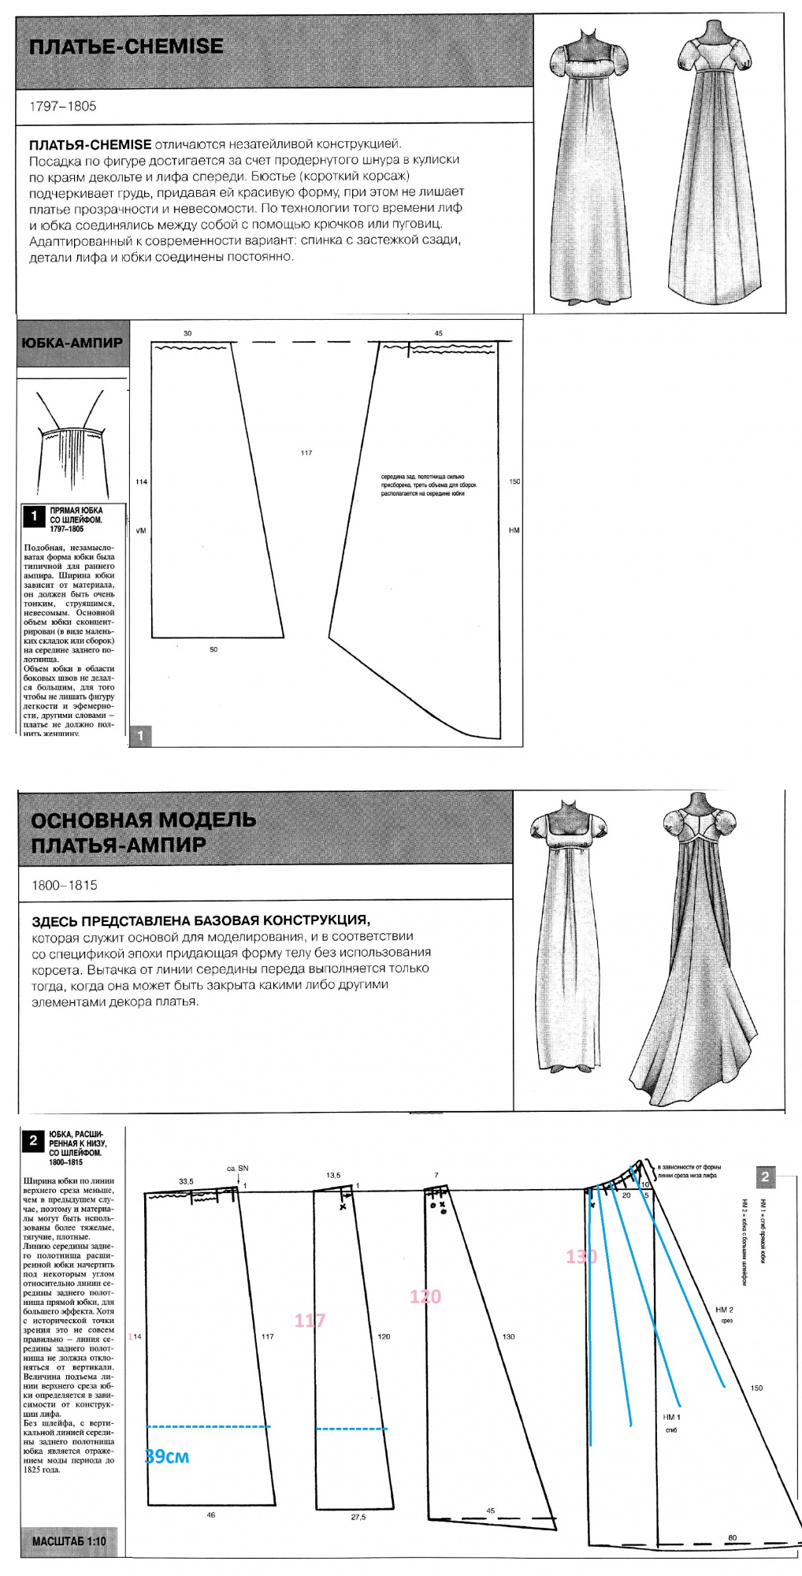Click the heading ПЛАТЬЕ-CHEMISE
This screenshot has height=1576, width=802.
click(126, 46)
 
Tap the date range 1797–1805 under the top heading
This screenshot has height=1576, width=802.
click(63, 106)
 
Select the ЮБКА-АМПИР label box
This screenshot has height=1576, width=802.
click(72, 343)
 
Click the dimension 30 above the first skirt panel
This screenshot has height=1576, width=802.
click(188, 333)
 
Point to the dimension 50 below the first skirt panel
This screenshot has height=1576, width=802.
click(213, 649)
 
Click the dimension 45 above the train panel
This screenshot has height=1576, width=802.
click(439, 333)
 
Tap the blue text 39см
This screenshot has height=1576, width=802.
click(167, 1456)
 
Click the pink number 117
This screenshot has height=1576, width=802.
click(310, 1320)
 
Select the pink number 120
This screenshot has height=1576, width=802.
click(425, 1296)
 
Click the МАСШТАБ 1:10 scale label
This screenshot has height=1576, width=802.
click(69, 1541)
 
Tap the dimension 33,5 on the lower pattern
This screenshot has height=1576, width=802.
click(186, 1181)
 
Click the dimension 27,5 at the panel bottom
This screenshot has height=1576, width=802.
click(358, 1516)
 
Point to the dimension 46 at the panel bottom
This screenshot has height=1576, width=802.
click(210, 1515)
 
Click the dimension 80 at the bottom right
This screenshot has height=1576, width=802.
click(733, 1537)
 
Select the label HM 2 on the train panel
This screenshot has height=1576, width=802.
click(724, 1310)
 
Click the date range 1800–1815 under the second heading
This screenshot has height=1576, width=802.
click(65, 885)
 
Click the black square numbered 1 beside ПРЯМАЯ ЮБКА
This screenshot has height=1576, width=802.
click(34, 516)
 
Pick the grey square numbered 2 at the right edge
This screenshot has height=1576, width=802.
click(765, 1176)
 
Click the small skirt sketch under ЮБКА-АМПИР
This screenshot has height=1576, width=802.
click(71, 441)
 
